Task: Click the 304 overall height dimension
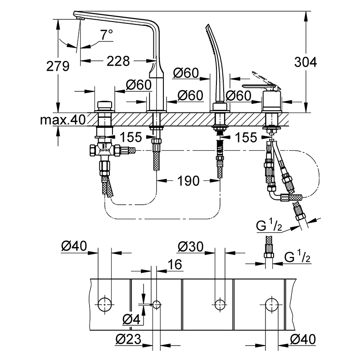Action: point(306,62)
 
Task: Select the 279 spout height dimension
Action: point(58,66)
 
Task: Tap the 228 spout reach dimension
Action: point(118,61)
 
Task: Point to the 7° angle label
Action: point(106,35)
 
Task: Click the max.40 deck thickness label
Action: point(63,119)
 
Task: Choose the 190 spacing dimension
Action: point(188,181)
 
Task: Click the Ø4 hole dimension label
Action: point(131,319)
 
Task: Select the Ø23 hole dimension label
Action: point(128,339)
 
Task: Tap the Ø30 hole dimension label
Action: point(190,247)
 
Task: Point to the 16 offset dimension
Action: point(175,265)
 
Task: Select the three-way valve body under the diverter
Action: point(105,151)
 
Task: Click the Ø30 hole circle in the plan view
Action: point(220,305)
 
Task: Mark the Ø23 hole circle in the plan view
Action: point(156,305)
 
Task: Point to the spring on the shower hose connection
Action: point(220,148)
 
